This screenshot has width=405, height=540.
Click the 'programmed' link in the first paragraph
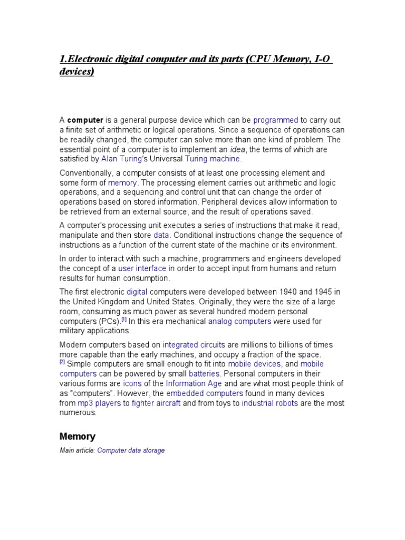click(x=276, y=120)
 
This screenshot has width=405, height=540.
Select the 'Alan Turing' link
click(x=121, y=159)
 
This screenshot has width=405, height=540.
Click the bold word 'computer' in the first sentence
click(x=85, y=120)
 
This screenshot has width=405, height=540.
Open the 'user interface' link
click(x=142, y=268)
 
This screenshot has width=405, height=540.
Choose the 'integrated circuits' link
click(x=194, y=345)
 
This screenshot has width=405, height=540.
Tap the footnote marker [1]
click(x=124, y=319)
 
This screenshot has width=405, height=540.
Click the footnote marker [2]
click(x=62, y=362)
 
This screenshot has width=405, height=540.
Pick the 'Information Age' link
click(x=194, y=383)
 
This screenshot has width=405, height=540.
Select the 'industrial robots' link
click(x=269, y=403)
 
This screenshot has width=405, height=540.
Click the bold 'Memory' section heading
click(x=78, y=437)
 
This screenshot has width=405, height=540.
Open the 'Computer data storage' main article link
click(x=131, y=451)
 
